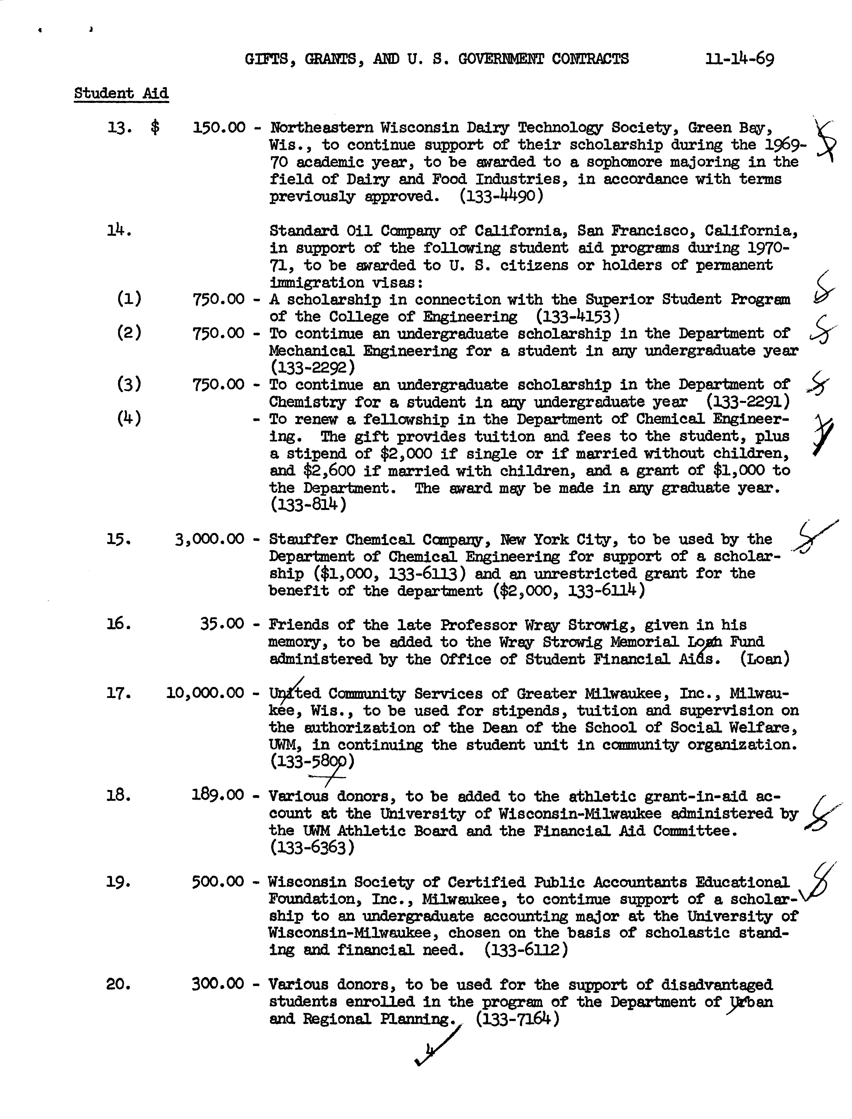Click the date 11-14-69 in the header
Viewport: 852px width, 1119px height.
tap(739, 59)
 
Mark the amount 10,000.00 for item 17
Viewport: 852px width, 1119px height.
tap(205, 693)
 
